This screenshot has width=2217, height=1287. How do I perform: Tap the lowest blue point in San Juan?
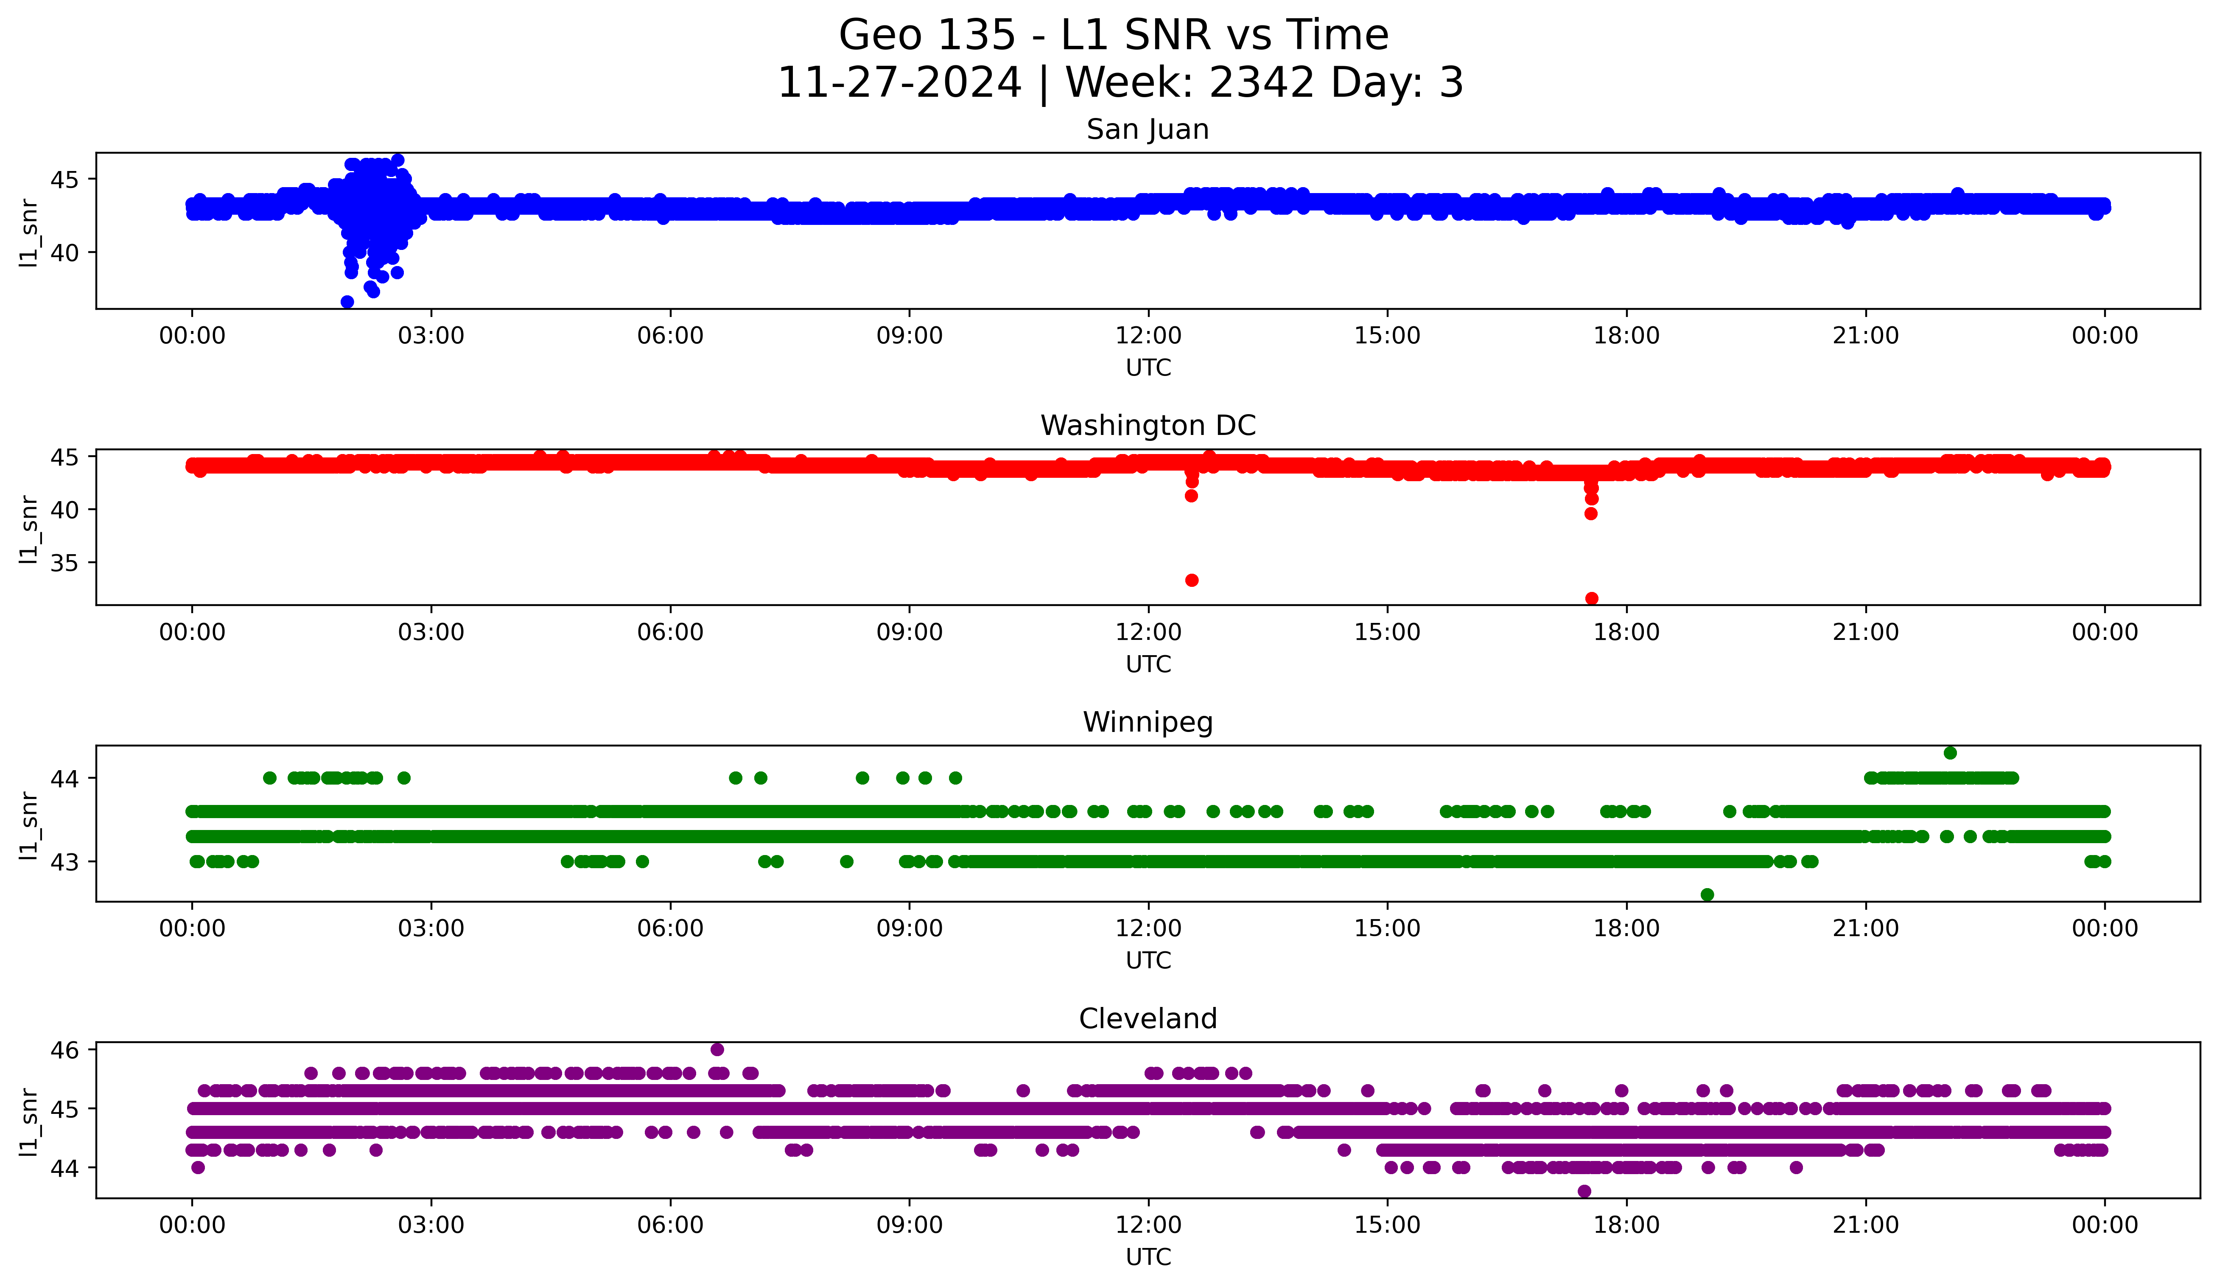[x=347, y=302]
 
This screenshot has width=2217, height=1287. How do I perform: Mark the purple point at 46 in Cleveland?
[x=717, y=1049]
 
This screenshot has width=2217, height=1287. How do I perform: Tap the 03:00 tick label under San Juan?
[x=431, y=336]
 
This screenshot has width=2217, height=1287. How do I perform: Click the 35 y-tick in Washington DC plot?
[x=64, y=563]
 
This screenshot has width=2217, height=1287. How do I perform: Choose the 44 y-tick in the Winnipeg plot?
[x=64, y=779]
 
